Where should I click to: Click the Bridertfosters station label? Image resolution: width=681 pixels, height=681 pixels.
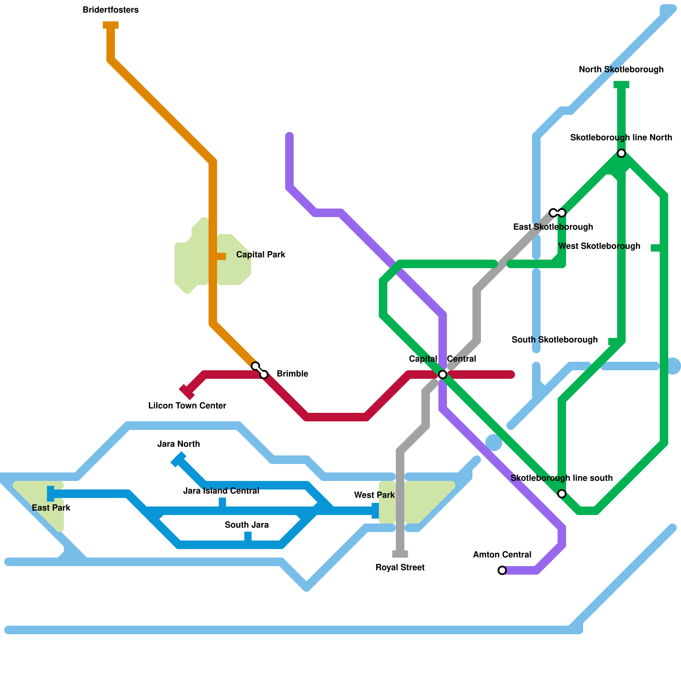[111, 10]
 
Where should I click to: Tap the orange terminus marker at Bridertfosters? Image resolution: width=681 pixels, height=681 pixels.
[111, 26]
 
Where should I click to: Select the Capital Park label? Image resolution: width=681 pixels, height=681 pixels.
[260, 255]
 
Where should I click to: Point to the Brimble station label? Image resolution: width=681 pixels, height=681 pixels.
[292, 374]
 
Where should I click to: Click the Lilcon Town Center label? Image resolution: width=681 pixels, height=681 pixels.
[187, 406]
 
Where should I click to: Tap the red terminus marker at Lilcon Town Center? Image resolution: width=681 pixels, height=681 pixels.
[186, 392]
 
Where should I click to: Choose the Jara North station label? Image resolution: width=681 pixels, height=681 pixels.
[178, 444]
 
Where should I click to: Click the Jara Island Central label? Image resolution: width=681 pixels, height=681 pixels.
[221, 491]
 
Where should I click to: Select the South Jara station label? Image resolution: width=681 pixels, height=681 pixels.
[246, 525]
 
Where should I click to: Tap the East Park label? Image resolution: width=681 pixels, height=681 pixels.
[51, 508]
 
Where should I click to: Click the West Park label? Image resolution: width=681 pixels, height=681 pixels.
[374, 495]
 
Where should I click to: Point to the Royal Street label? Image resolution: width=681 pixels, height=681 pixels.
[400, 568]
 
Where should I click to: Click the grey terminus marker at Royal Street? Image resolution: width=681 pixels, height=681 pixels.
[400, 554]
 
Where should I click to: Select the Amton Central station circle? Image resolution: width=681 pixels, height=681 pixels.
[502, 570]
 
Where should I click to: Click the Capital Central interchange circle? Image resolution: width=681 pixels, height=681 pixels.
[443, 375]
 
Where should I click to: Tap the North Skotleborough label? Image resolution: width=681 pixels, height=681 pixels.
[621, 70]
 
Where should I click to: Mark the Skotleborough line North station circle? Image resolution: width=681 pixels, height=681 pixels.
[621, 153]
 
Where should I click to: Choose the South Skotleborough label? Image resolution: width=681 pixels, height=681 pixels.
[554, 340]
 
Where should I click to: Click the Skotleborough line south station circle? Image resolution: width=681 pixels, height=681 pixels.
[562, 494]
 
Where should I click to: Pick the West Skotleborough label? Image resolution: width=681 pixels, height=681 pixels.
[599, 246]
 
